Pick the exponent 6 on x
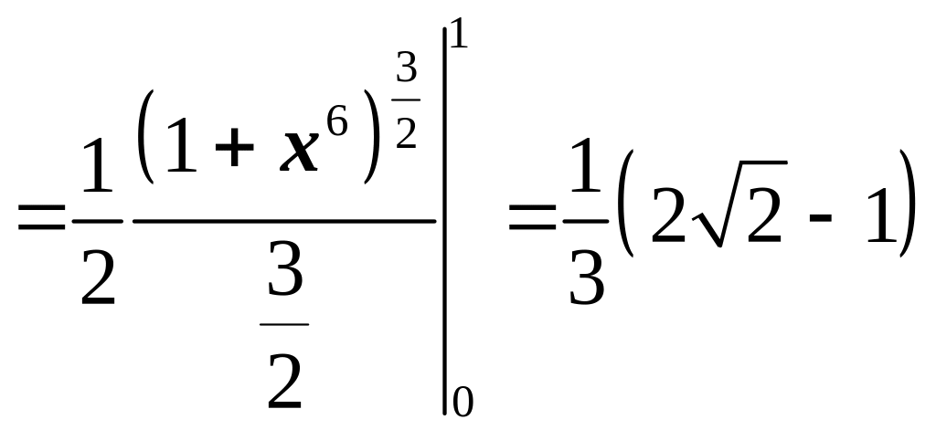pyautogui.click(x=338, y=122)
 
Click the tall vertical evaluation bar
pyautogui.click(x=445, y=219)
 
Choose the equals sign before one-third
pyautogui.click(x=530, y=219)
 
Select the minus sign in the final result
pyautogui.click(x=813, y=223)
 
